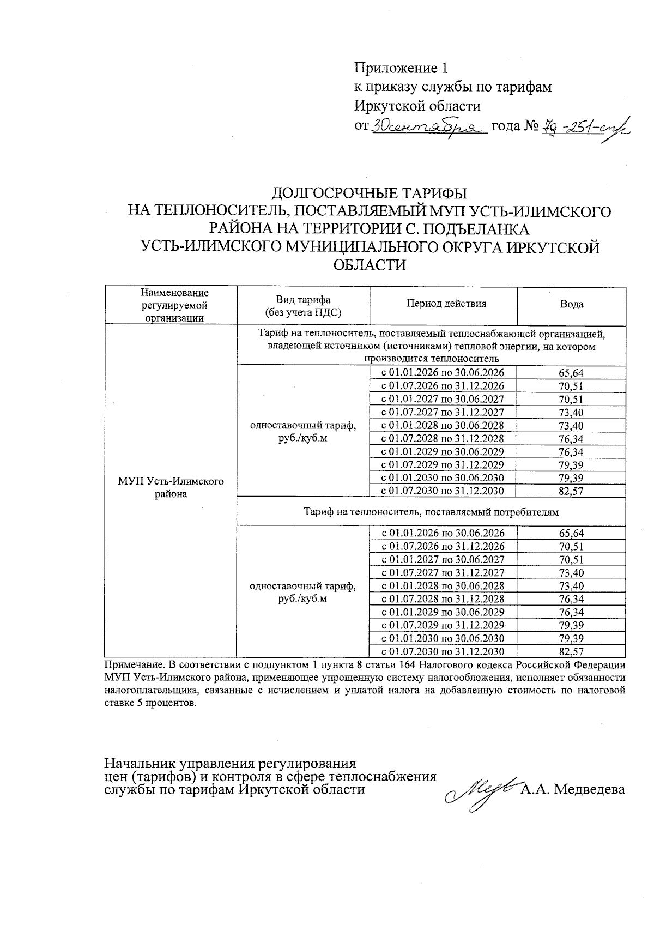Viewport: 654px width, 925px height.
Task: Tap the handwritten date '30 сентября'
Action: coord(429,127)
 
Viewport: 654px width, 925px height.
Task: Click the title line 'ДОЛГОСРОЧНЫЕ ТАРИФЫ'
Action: coord(370,194)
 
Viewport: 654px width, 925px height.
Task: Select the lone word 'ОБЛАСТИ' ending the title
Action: coord(370,265)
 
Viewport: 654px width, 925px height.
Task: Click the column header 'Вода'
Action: coord(571,304)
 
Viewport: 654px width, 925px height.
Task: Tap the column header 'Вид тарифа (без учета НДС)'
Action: coord(302,306)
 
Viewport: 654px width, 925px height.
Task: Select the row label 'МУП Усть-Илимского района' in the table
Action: coord(171,488)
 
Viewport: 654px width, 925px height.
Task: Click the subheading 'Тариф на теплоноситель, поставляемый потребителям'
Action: coord(431,512)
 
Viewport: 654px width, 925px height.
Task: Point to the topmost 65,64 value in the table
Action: coord(571,373)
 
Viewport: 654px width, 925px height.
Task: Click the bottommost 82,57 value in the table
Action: coord(571,651)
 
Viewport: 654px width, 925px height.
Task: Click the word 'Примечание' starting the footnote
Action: coord(131,665)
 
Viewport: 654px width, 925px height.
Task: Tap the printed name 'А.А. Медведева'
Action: coord(573,789)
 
